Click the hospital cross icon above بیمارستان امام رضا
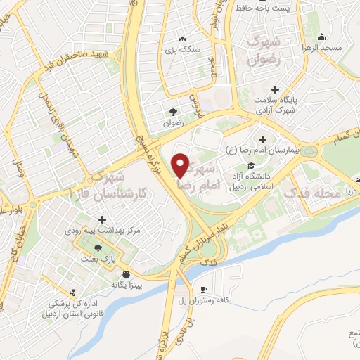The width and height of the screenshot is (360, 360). pyautogui.click(x=263, y=139)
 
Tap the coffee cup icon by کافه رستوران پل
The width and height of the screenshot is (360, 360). pyautogui.click(x=203, y=289)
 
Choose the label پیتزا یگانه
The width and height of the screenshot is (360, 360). pyautogui.click(x=127, y=285)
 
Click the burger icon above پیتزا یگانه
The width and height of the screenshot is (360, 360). pyautogui.click(x=126, y=274)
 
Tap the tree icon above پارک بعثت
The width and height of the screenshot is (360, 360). pyautogui.click(x=98, y=248)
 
